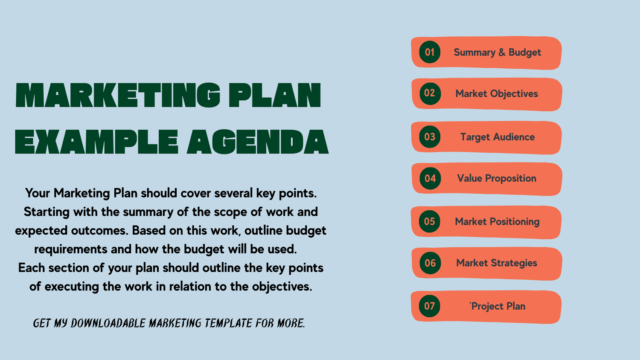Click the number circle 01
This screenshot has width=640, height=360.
coord(430,52)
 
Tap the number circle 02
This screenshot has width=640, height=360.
coord(430,93)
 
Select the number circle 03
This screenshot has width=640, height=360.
coord(430,137)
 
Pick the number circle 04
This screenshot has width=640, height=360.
coord(430,178)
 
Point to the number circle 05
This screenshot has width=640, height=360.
coord(430,221)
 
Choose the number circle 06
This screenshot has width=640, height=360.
coord(430,263)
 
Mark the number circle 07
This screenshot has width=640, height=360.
coord(430,306)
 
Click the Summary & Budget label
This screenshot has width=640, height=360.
coord(497,52)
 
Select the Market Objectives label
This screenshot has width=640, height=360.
coord(497,94)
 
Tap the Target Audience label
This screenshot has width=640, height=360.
coord(497,137)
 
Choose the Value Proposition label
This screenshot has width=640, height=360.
coord(497,178)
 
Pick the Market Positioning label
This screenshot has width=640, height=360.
coord(497,222)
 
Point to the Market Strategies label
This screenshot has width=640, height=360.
coord(497,263)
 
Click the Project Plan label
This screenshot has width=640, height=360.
coord(498,306)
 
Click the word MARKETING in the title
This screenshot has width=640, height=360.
coord(118,95)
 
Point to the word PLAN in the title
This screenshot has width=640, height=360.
coord(275,95)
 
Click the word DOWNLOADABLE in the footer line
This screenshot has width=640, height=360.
coord(108,323)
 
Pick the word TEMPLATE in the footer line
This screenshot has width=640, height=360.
coord(228,323)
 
